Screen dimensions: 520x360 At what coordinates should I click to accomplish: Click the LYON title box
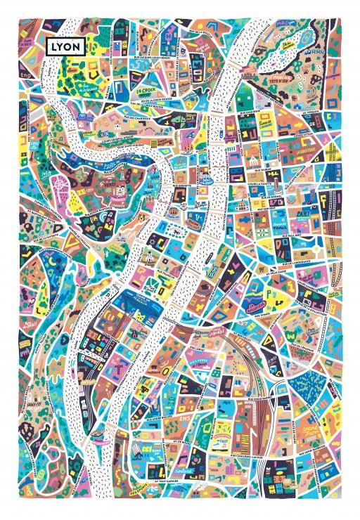pos(66,46)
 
